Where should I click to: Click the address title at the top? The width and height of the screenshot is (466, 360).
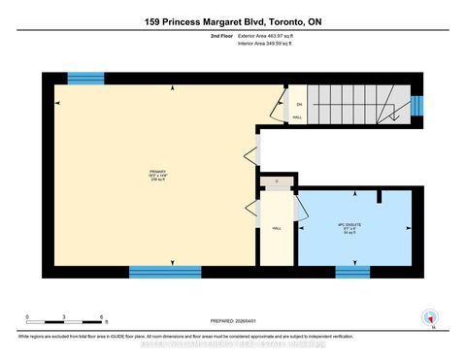pyautogui.click(x=232, y=21)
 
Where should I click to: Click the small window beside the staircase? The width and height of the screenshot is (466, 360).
pyautogui.click(x=418, y=105)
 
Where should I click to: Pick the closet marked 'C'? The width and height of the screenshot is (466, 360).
pyautogui.click(x=277, y=181)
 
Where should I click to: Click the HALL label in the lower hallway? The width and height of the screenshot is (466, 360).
pyautogui.click(x=277, y=228)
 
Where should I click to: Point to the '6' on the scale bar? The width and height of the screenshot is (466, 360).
pyautogui.click(x=102, y=317)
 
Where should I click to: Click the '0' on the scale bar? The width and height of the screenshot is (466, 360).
pyautogui.click(x=27, y=317)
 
